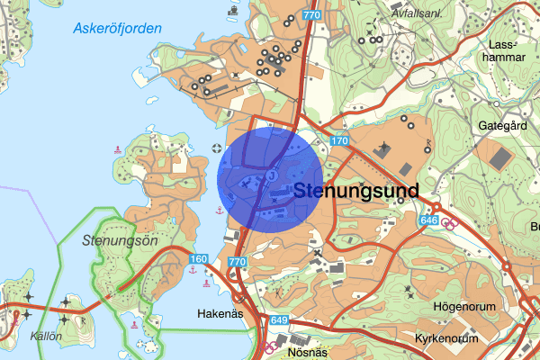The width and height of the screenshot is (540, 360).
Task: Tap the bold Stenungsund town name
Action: pos(356,191)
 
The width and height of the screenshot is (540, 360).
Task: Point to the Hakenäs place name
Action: pos(220,314)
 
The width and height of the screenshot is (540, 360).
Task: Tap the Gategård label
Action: pos(502,126)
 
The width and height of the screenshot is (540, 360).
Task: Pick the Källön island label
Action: pos(44,335)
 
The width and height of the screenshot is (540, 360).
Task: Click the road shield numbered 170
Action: pos(338,141)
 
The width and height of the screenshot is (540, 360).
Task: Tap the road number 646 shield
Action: pos(428,220)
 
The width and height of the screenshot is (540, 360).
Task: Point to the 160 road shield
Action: pos(199,259)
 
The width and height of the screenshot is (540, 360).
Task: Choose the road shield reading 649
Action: pos(279,320)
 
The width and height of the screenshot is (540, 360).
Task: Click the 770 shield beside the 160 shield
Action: pos(237,261)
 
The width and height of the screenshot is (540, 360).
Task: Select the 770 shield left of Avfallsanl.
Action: pos(311,16)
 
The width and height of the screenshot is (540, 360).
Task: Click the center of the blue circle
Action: pos(270,178)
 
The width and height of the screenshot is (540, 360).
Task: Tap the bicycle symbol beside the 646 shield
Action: pos(447,220)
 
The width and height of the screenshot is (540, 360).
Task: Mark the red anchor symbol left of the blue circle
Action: pos(219,209)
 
